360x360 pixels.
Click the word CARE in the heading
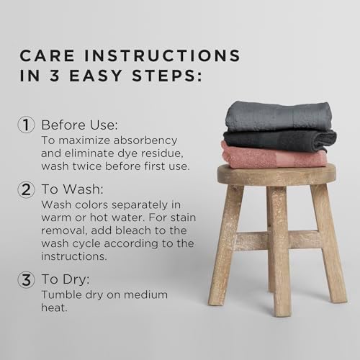[x=47, y=55]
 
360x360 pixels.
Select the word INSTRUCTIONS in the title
[x=162, y=55]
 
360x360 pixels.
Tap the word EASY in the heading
[x=96, y=76]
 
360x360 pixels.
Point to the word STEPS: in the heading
[x=167, y=76]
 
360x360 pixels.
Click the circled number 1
[x=26, y=125]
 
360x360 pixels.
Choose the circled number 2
[x=26, y=189]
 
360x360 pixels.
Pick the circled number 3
[x=26, y=279]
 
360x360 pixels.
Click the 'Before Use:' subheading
[x=80, y=125]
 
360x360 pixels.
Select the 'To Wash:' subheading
[x=72, y=189]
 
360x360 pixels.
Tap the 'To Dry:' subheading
[x=66, y=279]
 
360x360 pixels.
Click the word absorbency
[x=145, y=140]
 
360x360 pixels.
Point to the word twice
[x=87, y=166]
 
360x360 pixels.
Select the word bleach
[x=133, y=230]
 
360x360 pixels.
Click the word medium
[x=145, y=294]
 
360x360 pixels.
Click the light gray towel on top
[x=279, y=117]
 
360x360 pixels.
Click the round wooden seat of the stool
[x=276, y=174]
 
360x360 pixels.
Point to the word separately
[x=140, y=205]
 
